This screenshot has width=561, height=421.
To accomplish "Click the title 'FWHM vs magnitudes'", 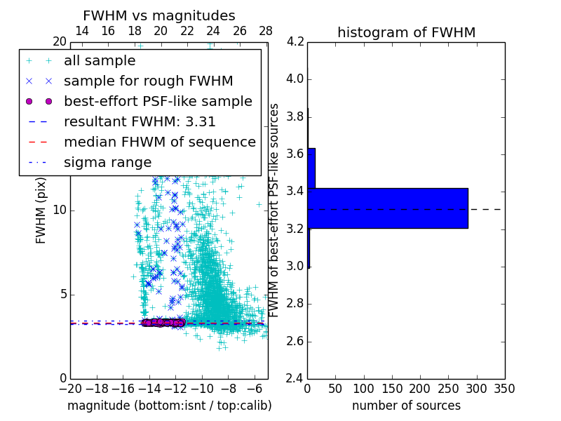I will [x=159, y=15].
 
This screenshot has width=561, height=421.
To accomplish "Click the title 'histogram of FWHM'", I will [x=406, y=32].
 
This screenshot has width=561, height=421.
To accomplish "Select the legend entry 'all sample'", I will [x=100, y=60].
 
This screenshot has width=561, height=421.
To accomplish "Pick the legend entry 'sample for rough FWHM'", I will [x=148, y=81].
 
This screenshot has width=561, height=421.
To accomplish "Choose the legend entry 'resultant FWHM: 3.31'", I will [x=140, y=121].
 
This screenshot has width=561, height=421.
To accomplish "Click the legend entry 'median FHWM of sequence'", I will [x=159, y=142].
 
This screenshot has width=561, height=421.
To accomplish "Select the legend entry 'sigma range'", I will [x=107, y=162].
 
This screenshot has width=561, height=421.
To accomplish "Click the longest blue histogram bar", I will [x=388, y=208].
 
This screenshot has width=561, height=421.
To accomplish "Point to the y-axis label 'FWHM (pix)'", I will [x=41, y=210].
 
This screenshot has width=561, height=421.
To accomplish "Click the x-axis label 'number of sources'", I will [x=406, y=406].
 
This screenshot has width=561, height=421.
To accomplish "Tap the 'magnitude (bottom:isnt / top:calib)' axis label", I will [x=169, y=406].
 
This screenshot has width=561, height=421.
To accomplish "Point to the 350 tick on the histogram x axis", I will [x=504, y=389].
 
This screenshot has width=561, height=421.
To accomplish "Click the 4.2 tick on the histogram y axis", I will [x=295, y=41].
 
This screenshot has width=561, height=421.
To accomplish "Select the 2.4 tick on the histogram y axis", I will [x=295, y=379].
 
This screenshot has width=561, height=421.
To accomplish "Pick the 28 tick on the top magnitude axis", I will [x=266, y=31].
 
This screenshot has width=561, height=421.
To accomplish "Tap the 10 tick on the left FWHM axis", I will [x=60, y=210].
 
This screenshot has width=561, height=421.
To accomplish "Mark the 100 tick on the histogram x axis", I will [x=363, y=389].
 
